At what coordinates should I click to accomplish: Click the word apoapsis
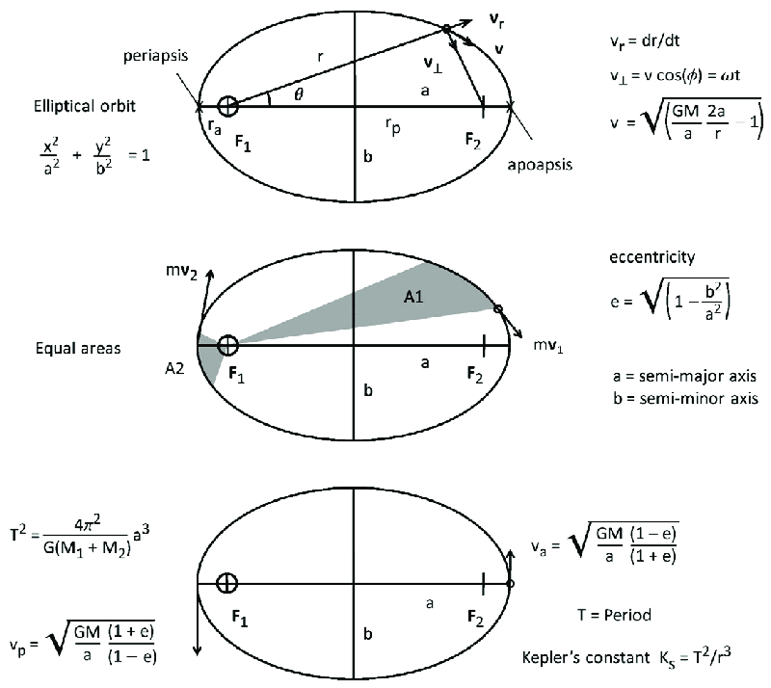tap(540, 165)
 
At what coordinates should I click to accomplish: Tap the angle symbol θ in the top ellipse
tap(284, 95)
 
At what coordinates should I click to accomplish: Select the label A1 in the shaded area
tap(414, 300)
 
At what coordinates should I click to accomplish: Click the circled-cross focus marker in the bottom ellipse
tap(227, 583)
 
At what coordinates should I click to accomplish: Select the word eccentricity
tap(639, 257)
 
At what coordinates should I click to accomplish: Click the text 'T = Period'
tap(613, 615)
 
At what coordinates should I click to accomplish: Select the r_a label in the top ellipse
tap(215, 124)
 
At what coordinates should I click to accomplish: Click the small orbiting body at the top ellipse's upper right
tap(446, 30)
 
